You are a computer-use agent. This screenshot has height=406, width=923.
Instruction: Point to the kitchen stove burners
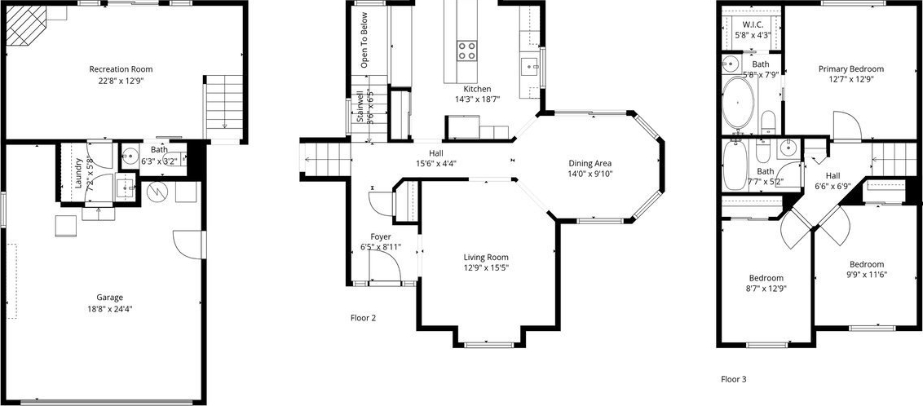(x=467, y=50)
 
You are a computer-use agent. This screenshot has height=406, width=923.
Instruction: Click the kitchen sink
(x=528, y=64)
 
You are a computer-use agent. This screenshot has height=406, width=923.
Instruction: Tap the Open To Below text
(x=364, y=40)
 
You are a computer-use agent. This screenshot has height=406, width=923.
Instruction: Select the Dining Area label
(x=590, y=163)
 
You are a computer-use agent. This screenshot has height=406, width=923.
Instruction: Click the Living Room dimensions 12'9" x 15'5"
(x=486, y=267)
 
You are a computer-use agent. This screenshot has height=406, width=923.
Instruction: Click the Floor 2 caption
(x=363, y=318)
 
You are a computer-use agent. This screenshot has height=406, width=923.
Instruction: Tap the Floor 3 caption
(x=734, y=380)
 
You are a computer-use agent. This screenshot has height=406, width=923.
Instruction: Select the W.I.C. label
(x=752, y=24)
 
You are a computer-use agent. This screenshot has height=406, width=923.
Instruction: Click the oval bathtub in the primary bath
(x=738, y=104)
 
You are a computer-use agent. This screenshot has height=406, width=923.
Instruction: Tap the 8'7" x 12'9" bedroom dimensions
(x=766, y=289)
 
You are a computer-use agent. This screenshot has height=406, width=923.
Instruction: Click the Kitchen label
(x=477, y=89)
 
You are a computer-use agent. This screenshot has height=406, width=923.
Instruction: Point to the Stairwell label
(x=360, y=107)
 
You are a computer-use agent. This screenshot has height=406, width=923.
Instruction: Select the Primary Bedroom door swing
(x=848, y=126)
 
